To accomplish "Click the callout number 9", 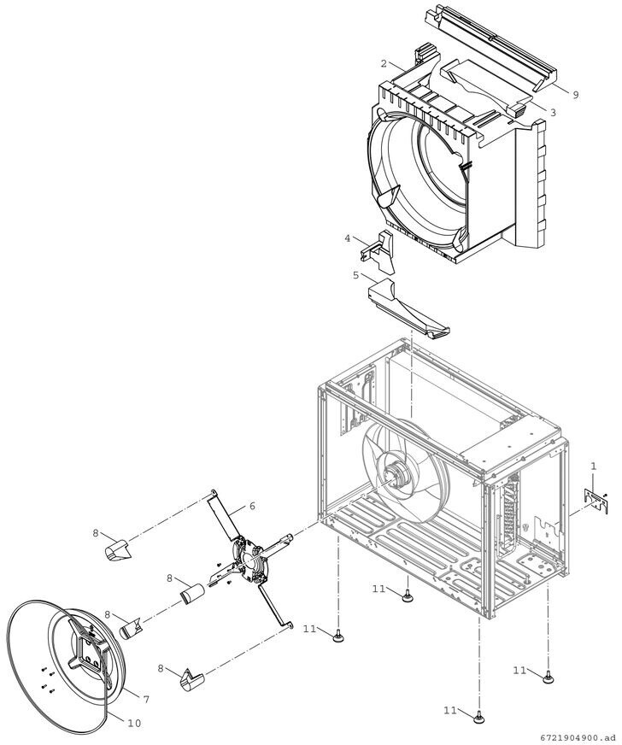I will point(575,96).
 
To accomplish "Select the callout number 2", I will point(384,64).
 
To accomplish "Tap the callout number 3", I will point(553,112).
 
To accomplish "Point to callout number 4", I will point(348,238).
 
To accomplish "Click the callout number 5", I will point(355,275).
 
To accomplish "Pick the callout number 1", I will point(593,466).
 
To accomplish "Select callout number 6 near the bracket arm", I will point(252,506).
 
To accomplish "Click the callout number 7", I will point(146,699).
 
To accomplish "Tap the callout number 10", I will point(134,723).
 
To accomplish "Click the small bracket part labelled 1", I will point(595,500).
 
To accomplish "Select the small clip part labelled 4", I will point(375,247).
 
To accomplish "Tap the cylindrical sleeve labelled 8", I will point(194,592).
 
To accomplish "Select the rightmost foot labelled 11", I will point(548,678).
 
